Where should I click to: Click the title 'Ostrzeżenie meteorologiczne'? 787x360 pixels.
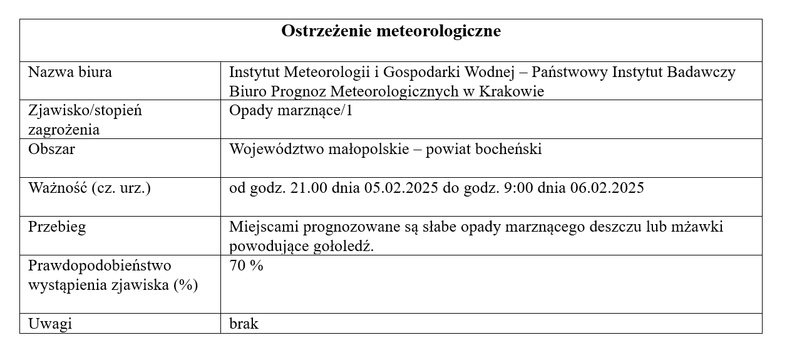pyautogui.click(x=391, y=31)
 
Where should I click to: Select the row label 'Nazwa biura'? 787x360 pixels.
pyautogui.click(x=70, y=72)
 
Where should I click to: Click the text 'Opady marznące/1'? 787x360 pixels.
pyautogui.click(x=287, y=111)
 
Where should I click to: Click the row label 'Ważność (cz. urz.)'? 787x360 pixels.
pyautogui.click(x=90, y=188)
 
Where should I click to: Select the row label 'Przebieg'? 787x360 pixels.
pyautogui.click(x=57, y=227)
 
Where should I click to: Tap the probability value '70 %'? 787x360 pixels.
pyautogui.click(x=247, y=265)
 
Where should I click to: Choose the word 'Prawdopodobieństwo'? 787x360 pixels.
pyautogui.click(x=100, y=265)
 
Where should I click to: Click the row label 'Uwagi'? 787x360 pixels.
pyautogui.click(x=50, y=324)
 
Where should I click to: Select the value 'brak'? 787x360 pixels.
pyautogui.click(x=244, y=324)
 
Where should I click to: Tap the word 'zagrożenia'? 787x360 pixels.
pyautogui.click(x=64, y=130)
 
